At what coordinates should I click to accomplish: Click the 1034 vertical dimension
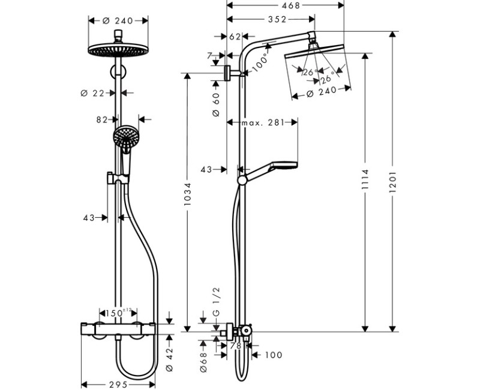(x=188, y=195)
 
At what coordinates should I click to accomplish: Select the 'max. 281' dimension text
(x=262, y=123)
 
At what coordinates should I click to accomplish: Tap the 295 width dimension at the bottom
(x=119, y=384)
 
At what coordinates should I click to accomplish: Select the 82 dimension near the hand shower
(x=102, y=119)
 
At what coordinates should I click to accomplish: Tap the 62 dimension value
(x=235, y=37)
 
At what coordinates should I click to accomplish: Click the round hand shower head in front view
(x=126, y=137)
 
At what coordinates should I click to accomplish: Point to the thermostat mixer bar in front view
(x=118, y=329)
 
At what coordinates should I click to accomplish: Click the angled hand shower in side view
(x=273, y=169)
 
